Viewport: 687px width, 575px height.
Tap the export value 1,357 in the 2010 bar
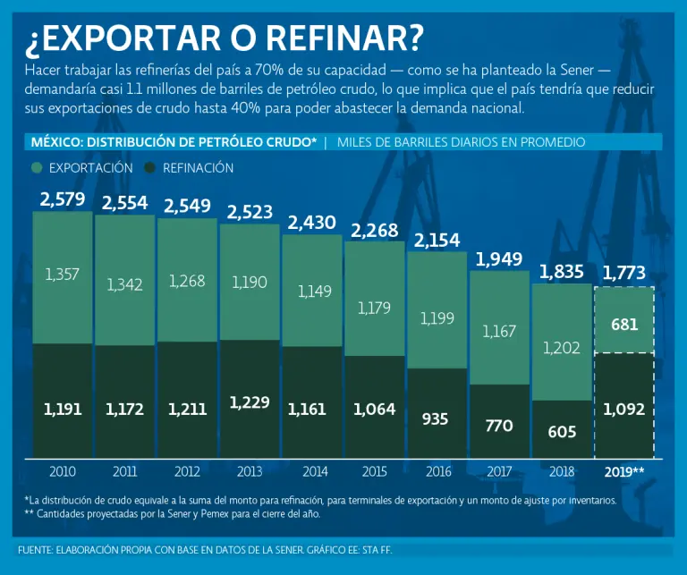[x=62, y=275]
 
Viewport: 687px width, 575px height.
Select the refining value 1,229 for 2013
[x=250, y=402]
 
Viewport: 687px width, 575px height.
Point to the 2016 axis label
[x=437, y=471]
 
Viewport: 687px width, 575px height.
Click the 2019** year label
[x=624, y=471]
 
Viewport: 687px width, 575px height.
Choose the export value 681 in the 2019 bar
[x=624, y=325]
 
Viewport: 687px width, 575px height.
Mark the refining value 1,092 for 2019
[x=624, y=410]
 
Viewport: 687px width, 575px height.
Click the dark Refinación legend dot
[x=150, y=168]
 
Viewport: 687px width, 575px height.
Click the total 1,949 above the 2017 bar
[x=499, y=260]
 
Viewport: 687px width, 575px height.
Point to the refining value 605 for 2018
[x=562, y=433]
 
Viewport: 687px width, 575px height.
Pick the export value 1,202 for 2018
[x=562, y=349]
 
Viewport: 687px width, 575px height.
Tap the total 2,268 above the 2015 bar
[x=374, y=231]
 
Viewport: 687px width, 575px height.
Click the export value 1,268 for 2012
[x=187, y=281]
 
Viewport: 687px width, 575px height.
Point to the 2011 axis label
[x=124, y=471]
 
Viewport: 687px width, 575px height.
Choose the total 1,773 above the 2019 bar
[x=624, y=272]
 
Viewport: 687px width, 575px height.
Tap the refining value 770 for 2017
[x=499, y=426]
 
